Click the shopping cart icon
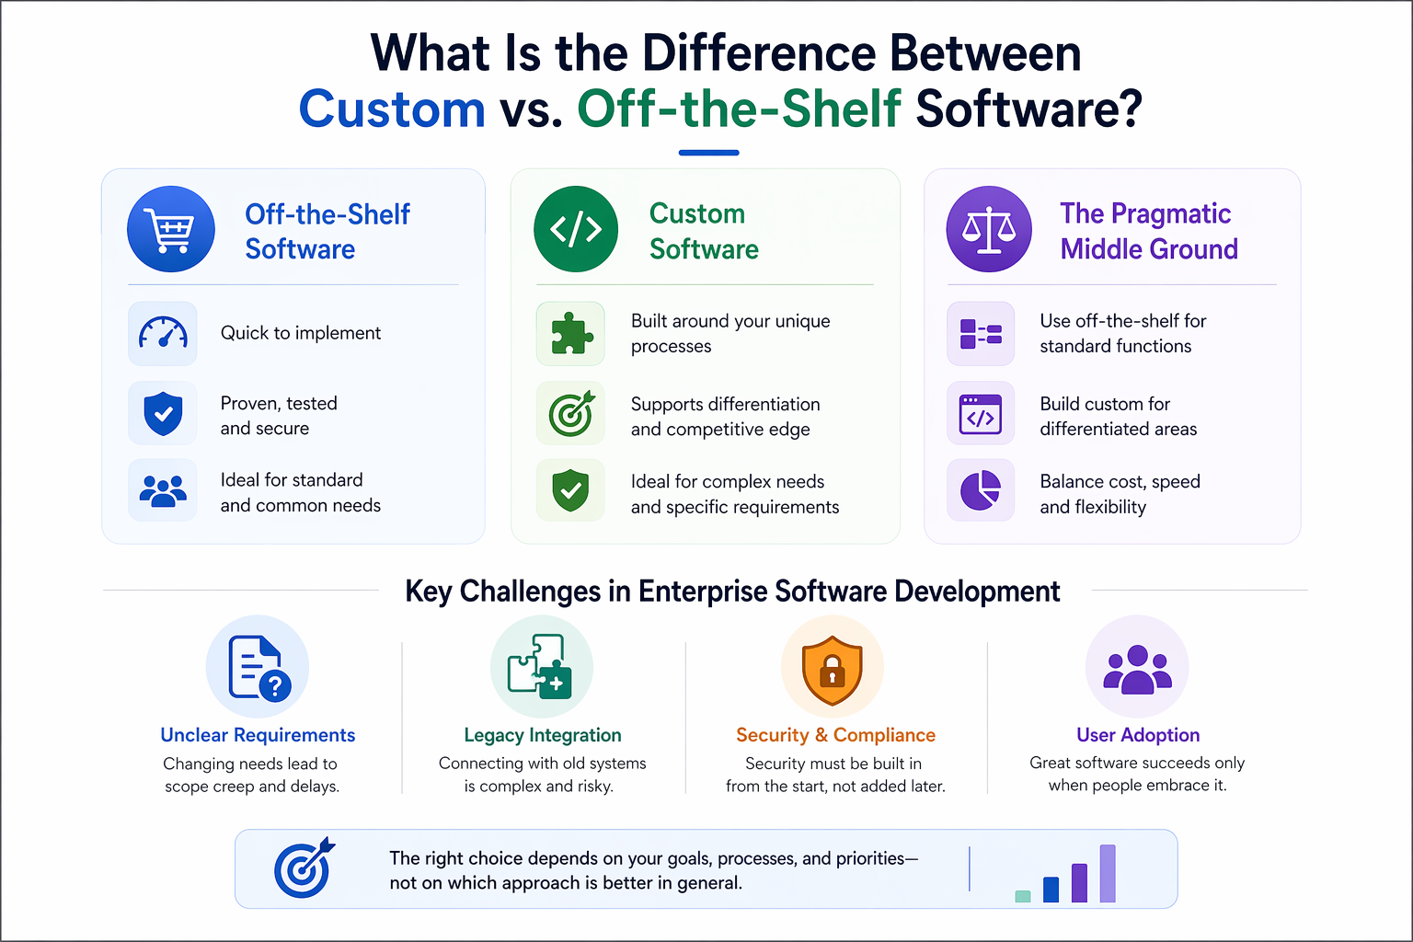click(x=170, y=229)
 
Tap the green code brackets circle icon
click(x=576, y=229)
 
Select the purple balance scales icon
click(x=989, y=229)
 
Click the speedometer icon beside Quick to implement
click(x=163, y=332)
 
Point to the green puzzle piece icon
click(x=571, y=332)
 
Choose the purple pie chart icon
click(x=981, y=490)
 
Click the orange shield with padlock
click(x=832, y=670)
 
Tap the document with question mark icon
click(x=258, y=668)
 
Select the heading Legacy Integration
click(x=543, y=735)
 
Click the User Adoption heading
click(x=1138, y=735)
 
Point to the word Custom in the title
click(x=392, y=109)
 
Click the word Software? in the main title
click(x=1028, y=109)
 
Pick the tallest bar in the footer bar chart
click(x=1108, y=874)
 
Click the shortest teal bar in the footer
click(x=1023, y=897)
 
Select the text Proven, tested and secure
click(x=279, y=416)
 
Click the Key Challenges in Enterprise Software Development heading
click(x=732, y=592)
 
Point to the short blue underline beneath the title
click(x=709, y=153)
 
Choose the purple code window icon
click(x=981, y=415)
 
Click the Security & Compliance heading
click(x=836, y=735)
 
